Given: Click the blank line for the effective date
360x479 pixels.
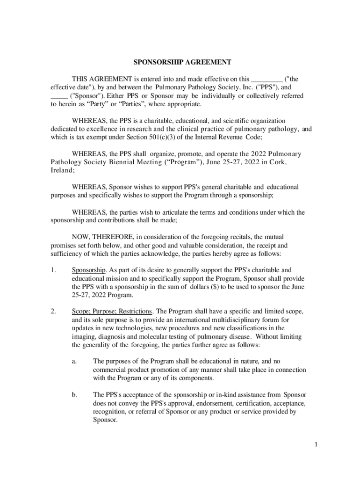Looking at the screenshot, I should coord(267,79).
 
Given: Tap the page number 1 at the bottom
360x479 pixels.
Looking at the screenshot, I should coord(316,444).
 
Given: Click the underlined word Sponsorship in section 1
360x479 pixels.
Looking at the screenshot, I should coord(89,270).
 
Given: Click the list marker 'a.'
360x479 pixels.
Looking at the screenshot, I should coord(74,361).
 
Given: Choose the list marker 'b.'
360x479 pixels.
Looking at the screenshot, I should coord(74,395).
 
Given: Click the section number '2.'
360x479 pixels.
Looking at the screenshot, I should coord(53,311).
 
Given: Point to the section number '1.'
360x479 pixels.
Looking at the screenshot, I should coord(53,270).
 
